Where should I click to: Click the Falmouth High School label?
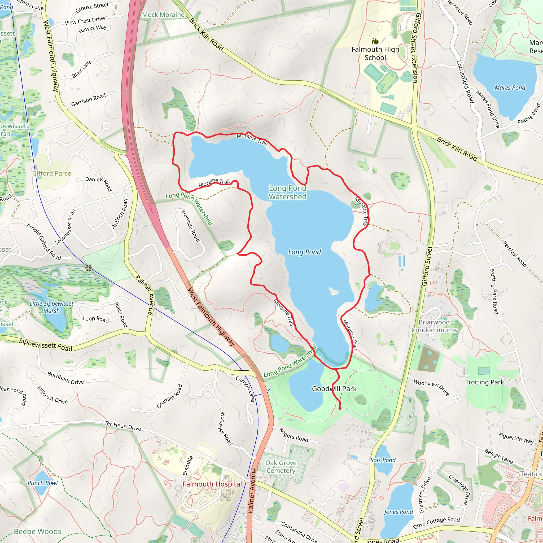coord(375,53)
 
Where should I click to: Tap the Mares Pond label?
coord(510,88)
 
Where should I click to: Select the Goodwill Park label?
coord(334,389)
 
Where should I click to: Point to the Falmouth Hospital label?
coord(212,484)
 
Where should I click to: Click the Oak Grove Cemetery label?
coord(281,467)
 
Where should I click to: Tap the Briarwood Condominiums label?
coord(434,326)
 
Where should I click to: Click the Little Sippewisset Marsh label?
coord(51,307)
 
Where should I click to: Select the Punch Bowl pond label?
coord(43,483)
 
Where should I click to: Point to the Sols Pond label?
coord(383,460)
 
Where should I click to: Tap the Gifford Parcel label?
coord(52,173)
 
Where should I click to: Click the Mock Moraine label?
coord(163,15)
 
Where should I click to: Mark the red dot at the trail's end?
coord(340,408)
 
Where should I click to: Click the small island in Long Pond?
coord(334,291)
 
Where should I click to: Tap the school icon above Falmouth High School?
coord(375,41)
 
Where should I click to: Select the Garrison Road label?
coord(88,100)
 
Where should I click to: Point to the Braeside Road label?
coord(191,226)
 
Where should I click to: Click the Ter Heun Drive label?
coord(123,426)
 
